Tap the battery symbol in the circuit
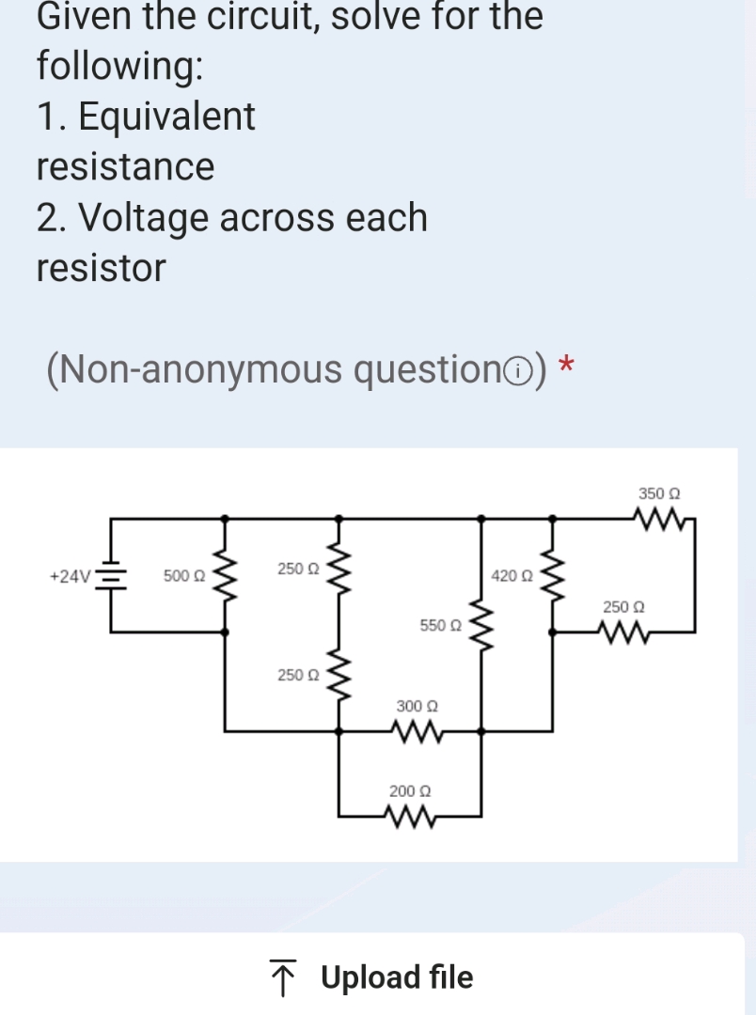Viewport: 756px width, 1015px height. pyautogui.click(x=113, y=575)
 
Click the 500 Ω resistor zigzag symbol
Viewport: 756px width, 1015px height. pyautogui.click(x=224, y=574)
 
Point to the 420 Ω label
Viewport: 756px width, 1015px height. pyautogui.click(x=512, y=575)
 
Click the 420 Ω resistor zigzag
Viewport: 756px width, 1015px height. pyautogui.click(x=552, y=574)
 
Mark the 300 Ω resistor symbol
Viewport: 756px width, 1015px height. pyautogui.click(x=412, y=729)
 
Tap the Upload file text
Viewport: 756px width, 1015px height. pyautogui.click(x=397, y=977)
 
